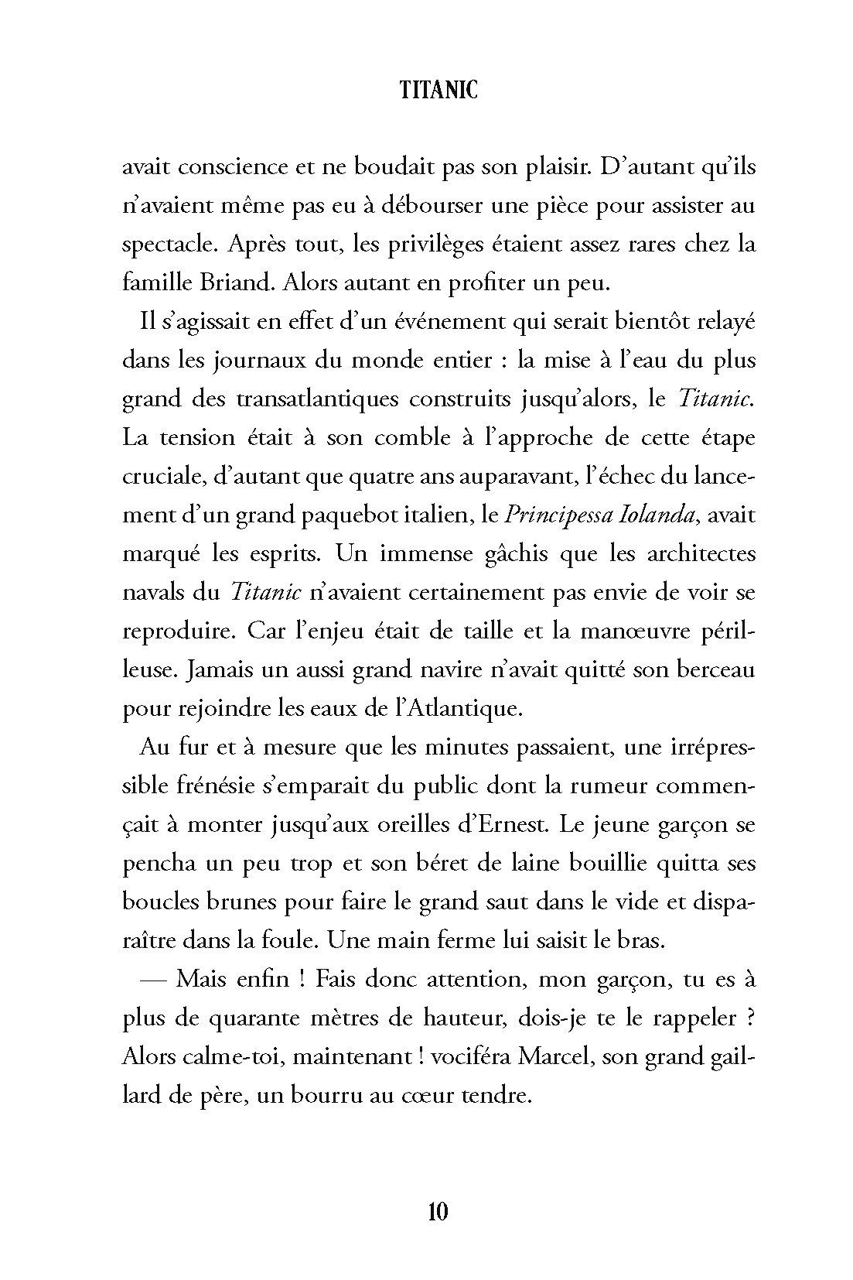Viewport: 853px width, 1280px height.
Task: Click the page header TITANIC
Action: [x=439, y=91]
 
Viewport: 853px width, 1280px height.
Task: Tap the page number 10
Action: [x=438, y=1210]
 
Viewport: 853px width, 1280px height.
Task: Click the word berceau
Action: [x=715, y=669]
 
